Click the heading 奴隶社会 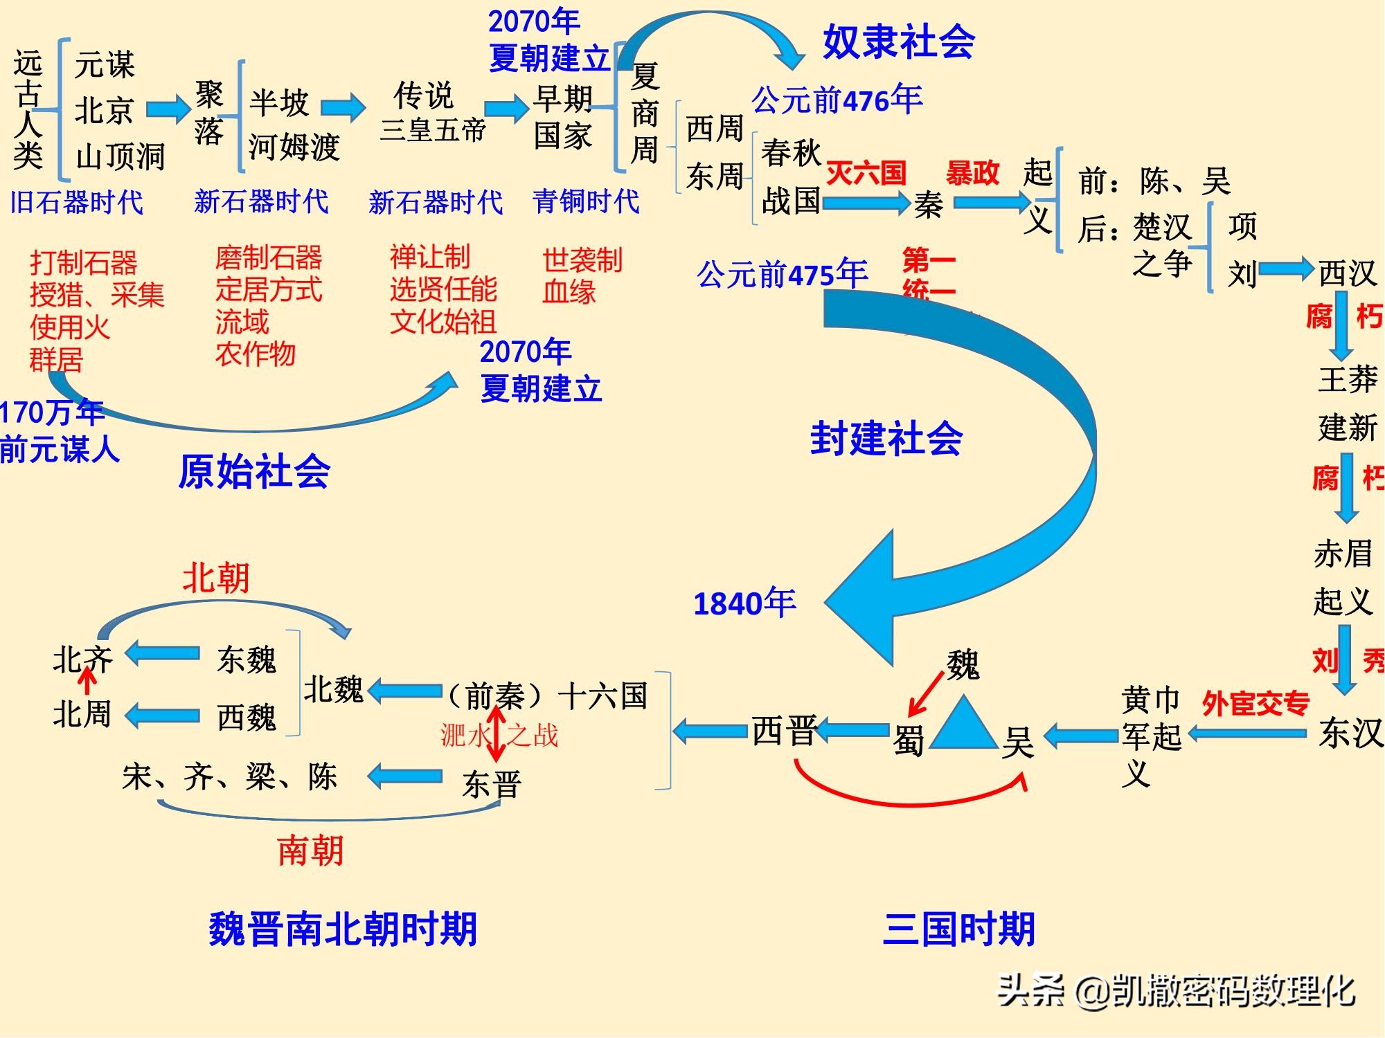(898, 42)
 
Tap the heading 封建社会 (886, 438)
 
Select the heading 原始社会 (254, 471)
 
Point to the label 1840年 (744, 603)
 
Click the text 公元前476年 (837, 100)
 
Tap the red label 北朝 (215, 577)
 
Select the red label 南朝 (310, 850)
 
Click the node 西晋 (784, 731)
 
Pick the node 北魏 (333, 689)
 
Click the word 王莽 (1348, 379)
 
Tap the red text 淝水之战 (499, 735)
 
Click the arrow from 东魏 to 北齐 (163, 654)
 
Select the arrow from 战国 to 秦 (866, 203)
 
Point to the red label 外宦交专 (1256, 704)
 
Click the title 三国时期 (959, 929)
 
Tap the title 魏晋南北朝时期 (343, 929)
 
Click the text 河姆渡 (294, 147)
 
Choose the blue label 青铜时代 (586, 201)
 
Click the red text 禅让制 (430, 257)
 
